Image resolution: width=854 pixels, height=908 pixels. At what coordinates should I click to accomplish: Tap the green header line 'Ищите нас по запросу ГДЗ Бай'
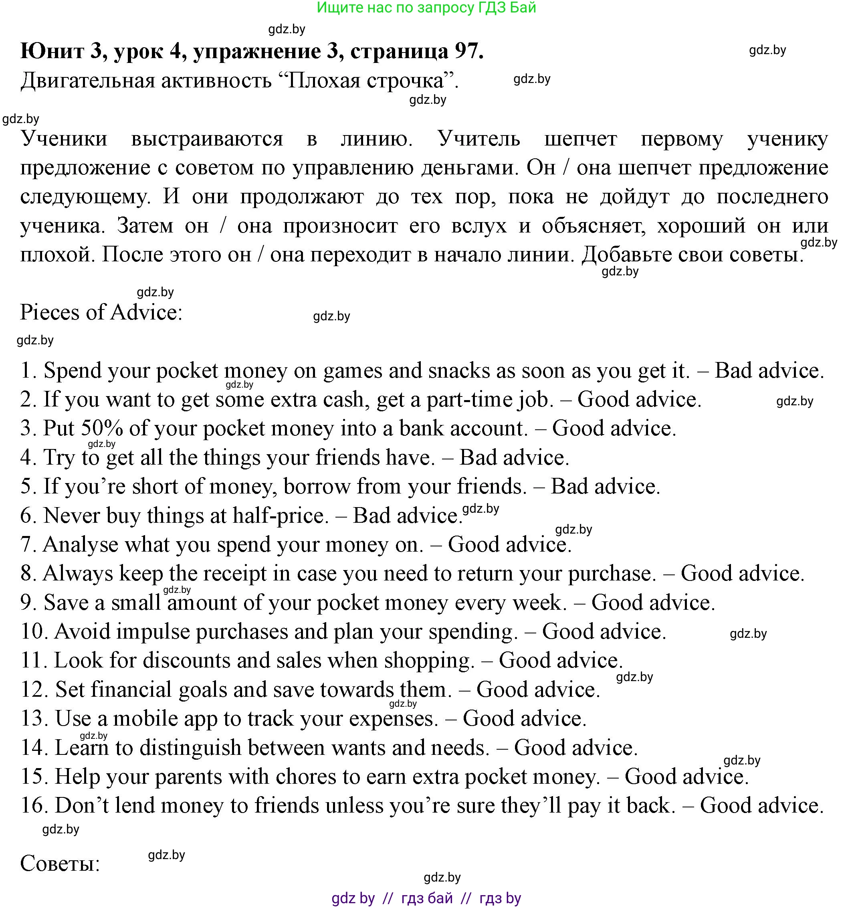point(426,8)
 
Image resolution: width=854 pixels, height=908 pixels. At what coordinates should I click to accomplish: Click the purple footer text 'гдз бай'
point(427,898)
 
